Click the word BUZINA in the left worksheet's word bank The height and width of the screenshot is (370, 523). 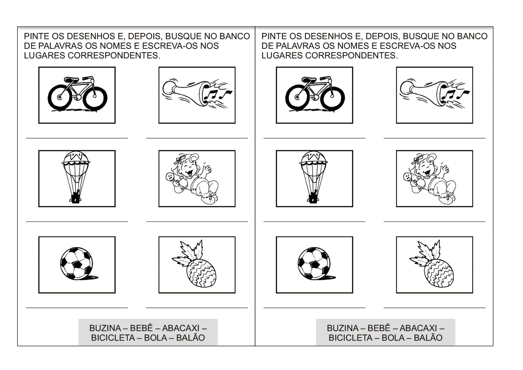105,328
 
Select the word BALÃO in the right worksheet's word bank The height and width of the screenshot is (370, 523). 428,338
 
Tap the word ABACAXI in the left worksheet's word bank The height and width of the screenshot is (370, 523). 181,328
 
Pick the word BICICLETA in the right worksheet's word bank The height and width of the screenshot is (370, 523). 350,338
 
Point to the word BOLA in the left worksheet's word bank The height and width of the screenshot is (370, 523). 155,338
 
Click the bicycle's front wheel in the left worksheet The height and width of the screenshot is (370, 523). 95,98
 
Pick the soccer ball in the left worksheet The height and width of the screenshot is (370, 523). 76,264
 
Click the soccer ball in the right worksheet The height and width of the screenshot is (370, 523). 314,264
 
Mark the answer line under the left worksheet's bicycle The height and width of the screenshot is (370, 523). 77,138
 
